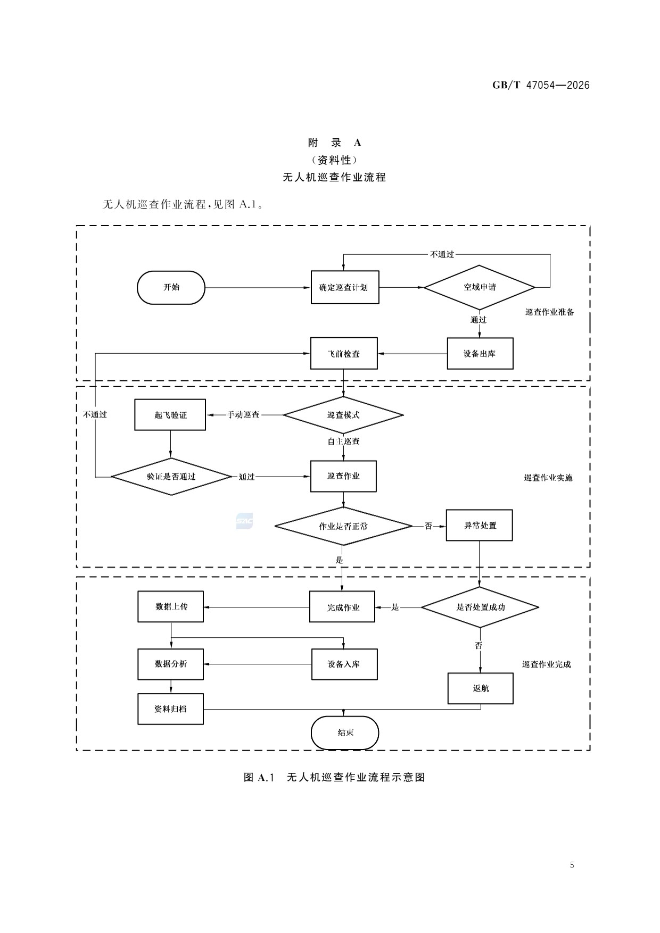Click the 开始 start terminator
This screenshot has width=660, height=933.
(x=171, y=287)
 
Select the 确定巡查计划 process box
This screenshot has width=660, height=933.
(x=345, y=287)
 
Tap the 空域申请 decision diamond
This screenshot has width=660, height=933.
(x=480, y=287)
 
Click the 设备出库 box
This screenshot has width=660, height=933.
(x=480, y=353)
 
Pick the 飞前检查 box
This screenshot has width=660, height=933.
(x=344, y=353)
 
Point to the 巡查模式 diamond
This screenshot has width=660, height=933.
(x=343, y=415)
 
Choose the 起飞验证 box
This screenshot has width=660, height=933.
(x=170, y=415)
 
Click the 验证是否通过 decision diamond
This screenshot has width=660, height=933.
(x=171, y=477)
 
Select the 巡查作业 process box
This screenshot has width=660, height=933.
(x=343, y=476)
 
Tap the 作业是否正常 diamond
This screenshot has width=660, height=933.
(x=343, y=526)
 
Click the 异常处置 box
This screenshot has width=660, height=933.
(x=480, y=526)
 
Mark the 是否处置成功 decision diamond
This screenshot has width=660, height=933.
(x=480, y=607)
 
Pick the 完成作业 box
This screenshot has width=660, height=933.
(x=342, y=607)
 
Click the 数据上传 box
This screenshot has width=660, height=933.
(x=171, y=606)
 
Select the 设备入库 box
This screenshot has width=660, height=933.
(x=344, y=664)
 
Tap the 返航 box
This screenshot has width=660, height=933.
(x=481, y=688)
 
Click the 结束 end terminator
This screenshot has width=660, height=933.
(x=345, y=732)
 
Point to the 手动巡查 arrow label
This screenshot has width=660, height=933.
(x=244, y=415)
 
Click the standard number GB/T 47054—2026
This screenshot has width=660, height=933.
(x=541, y=85)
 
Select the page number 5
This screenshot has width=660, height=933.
(x=572, y=865)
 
